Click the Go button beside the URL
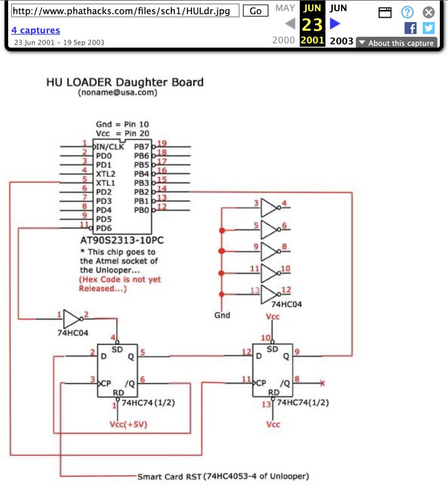[x=256, y=11]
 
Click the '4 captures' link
[x=35, y=30]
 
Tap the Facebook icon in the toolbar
[x=410, y=28]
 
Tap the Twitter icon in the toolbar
[x=429, y=28]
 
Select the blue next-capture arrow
[x=335, y=23]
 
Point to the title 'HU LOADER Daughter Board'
[x=125, y=82]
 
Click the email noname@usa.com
[x=118, y=93]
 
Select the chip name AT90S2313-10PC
[x=122, y=240]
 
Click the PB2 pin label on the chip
[x=141, y=192]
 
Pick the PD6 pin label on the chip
[x=103, y=228]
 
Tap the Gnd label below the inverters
[x=222, y=315]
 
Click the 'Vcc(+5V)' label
[x=128, y=425]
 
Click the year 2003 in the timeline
[x=341, y=41]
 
